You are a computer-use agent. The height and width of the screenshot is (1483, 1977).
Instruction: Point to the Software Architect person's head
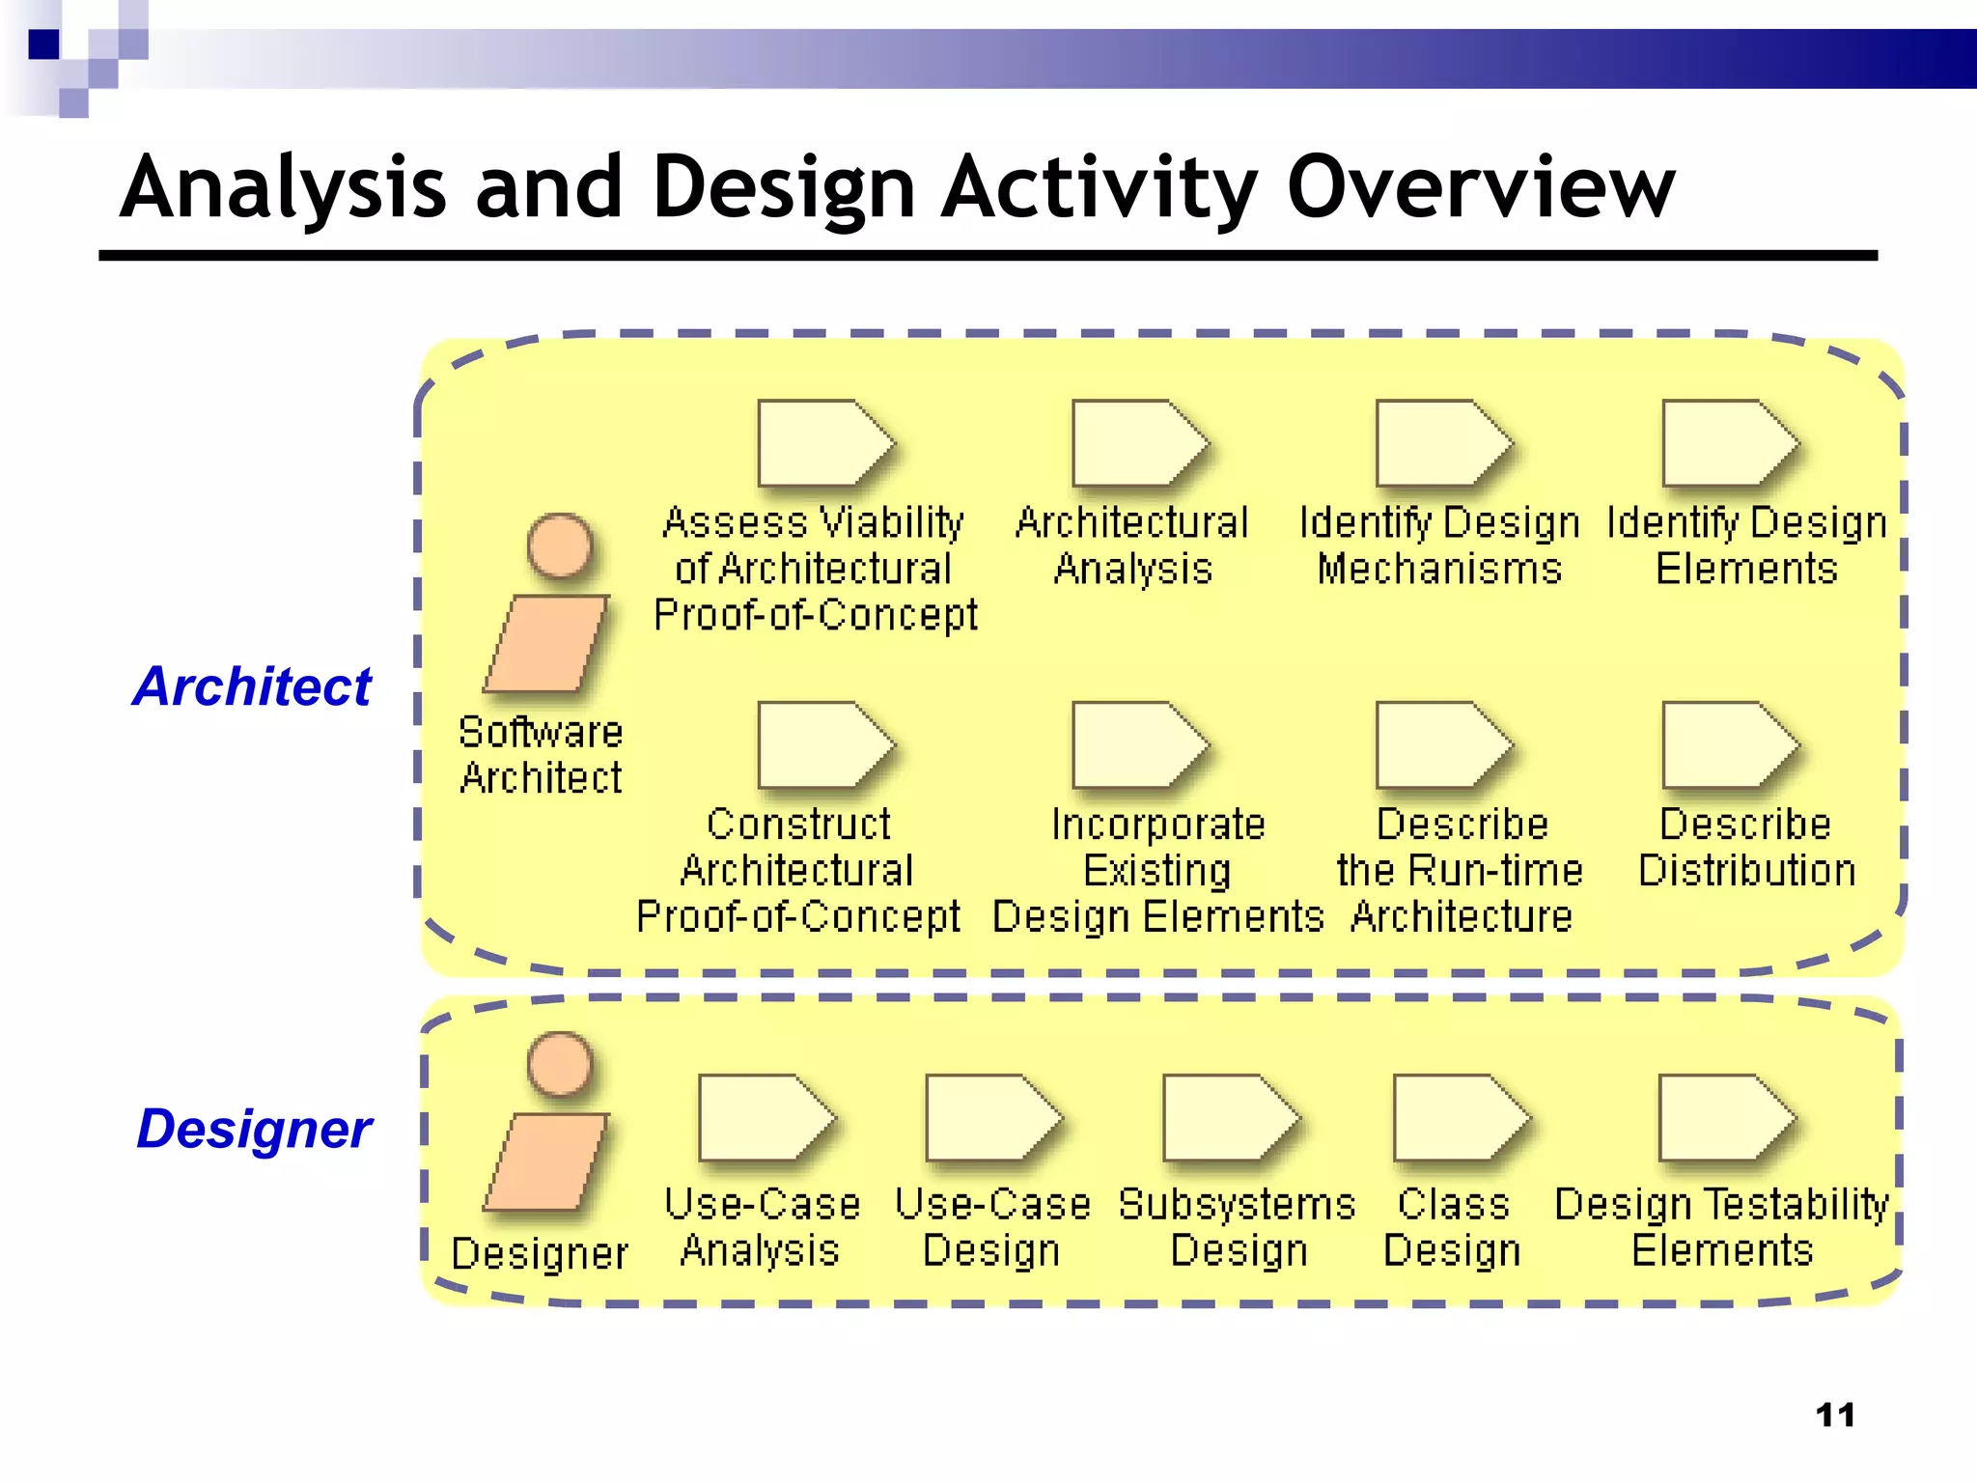click(x=560, y=546)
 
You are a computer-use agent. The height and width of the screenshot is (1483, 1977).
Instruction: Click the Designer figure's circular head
click(x=560, y=1064)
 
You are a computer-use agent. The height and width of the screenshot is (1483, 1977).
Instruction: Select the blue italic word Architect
click(x=252, y=686)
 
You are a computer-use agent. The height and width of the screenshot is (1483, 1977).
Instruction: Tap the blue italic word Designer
click(x=254, y=1128)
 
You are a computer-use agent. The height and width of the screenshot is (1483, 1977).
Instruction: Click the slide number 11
click(x=1835, y=1415)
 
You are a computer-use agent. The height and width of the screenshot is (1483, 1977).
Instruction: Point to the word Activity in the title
click(x=1099, y=187)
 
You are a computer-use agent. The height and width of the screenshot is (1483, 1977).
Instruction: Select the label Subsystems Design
click(x=1238, y=1227)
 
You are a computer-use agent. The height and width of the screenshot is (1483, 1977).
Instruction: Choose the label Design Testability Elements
click(x=1722, y=1227)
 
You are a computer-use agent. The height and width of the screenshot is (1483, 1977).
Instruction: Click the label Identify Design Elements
click(x=1746, y=546)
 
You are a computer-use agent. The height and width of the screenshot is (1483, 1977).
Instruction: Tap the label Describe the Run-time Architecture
click(x=1461, y=870)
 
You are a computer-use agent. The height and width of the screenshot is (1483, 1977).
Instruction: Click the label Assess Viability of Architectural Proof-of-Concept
click(x=814, y=569)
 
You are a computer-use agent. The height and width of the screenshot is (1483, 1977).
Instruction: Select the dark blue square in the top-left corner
click(x=43, y=44)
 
